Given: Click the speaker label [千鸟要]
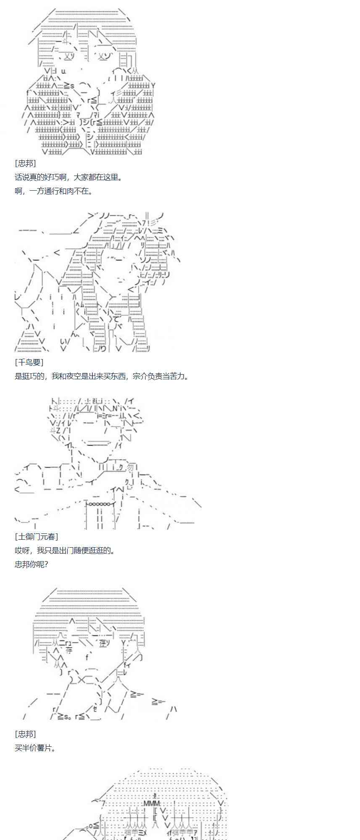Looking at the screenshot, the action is tap(29, 362).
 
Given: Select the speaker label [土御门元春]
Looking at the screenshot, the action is tap(36, 536).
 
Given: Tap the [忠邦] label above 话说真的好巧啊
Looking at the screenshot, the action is tap(25, 163).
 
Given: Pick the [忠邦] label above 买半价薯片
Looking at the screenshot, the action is tap(25, 734).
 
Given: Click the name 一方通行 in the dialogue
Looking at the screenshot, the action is tap(44, 191).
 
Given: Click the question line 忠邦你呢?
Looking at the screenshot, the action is tap(32, 564).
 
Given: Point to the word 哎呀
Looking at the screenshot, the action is tap(22, 550).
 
